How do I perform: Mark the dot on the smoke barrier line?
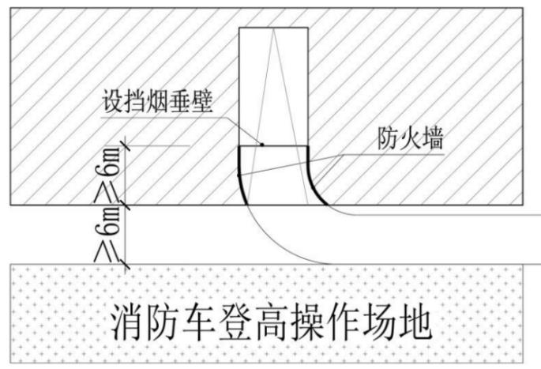pyautogui.click(x=263, y=144)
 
